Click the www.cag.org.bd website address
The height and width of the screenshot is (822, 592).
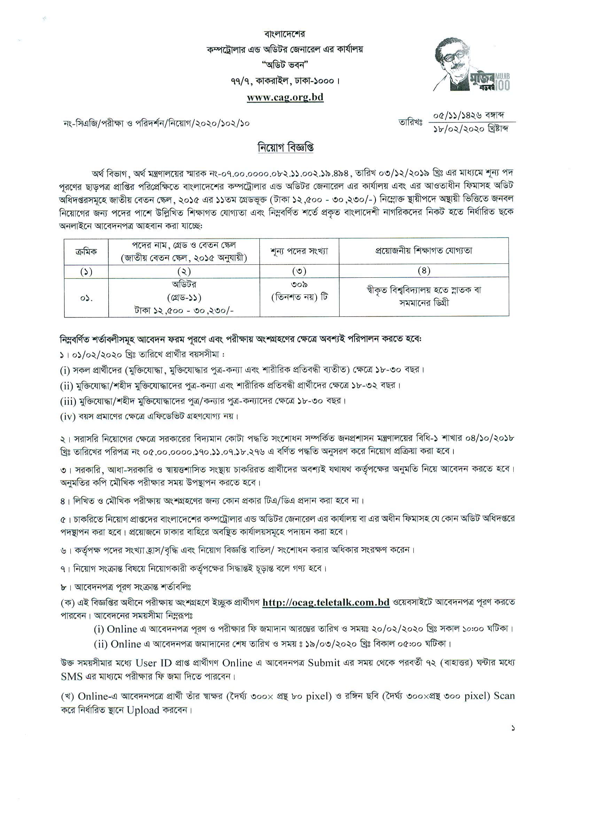[285, 97]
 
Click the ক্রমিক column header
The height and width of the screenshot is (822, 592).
[86, 251]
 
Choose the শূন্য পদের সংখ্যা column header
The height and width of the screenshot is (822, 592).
[299, 251]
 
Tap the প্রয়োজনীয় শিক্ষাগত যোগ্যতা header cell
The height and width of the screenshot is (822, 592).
[423, 251]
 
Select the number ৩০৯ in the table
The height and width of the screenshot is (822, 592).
[299, 285]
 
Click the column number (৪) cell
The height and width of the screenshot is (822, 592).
[423, 271]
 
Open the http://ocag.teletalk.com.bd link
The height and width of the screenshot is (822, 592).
[326, 602]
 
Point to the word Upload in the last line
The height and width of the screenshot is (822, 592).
[142, 710]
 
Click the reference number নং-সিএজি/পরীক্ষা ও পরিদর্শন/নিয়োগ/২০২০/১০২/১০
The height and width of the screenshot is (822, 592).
[156, 123]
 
